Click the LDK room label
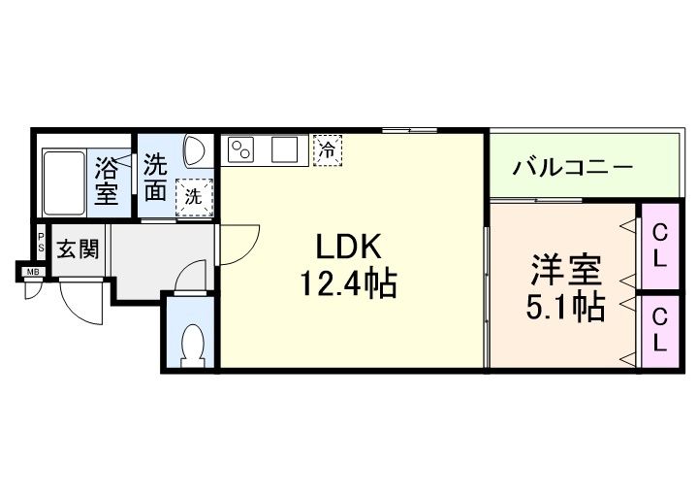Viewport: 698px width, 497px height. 349,247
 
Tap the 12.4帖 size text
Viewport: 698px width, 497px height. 349,283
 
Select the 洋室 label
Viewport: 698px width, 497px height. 566,270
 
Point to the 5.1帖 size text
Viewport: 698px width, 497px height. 565,307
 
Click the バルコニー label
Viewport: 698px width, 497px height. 573,168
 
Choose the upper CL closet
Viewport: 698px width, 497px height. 660,246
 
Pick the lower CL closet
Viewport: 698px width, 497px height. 660,330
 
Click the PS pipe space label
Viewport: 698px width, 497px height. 41,242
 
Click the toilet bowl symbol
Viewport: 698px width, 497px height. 193,345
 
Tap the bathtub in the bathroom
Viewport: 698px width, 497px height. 64,182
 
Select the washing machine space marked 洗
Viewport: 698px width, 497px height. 194,197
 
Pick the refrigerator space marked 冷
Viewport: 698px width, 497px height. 328,150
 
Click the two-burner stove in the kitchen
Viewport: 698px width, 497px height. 240,149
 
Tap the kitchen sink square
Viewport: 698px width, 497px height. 284,149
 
